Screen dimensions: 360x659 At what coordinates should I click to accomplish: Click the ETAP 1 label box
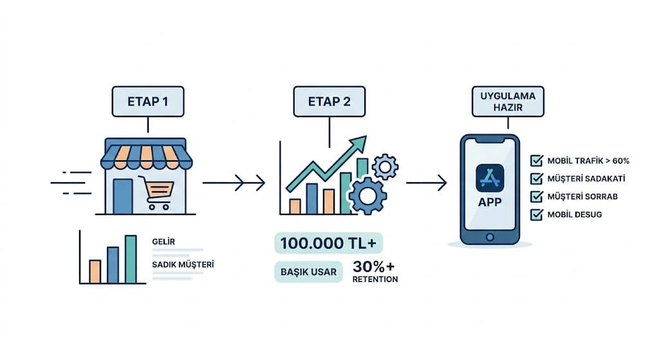(149, 101)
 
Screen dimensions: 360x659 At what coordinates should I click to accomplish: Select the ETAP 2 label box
(329, 101)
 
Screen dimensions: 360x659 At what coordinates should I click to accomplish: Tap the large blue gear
(367, 194)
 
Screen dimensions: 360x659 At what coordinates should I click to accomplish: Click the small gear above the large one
(385, 166)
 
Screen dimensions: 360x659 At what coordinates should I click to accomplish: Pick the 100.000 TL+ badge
(329, 243)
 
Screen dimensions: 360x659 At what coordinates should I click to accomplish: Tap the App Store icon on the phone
(490, 178)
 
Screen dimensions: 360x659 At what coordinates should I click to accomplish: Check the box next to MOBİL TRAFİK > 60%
(535, 160)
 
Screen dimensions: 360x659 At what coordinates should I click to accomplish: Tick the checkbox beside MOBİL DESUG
(535, 214)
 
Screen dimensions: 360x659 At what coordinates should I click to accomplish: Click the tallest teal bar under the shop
(131, 259)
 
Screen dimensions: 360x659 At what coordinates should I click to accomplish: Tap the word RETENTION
(375, 279)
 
